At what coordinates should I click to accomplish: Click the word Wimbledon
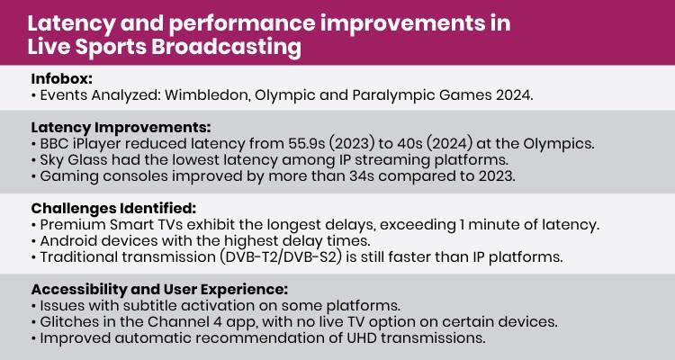click(220, 94)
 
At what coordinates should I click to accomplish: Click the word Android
click(69, 241)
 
